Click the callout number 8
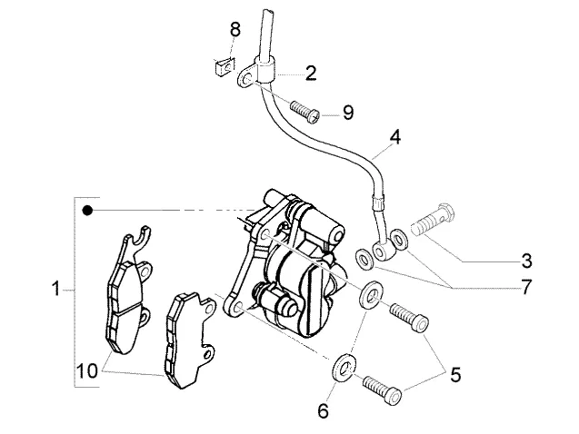235,29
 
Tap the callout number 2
311,73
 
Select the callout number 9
348,112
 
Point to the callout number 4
394,137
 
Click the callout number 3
526,261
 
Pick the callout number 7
526,287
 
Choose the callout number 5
455,375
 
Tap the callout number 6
323,410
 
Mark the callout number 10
87,370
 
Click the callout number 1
55,289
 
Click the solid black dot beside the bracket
87,211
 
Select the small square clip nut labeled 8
224,67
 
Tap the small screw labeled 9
304,112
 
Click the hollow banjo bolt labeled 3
434,220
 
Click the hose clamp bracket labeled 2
255,73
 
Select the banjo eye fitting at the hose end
380,252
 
